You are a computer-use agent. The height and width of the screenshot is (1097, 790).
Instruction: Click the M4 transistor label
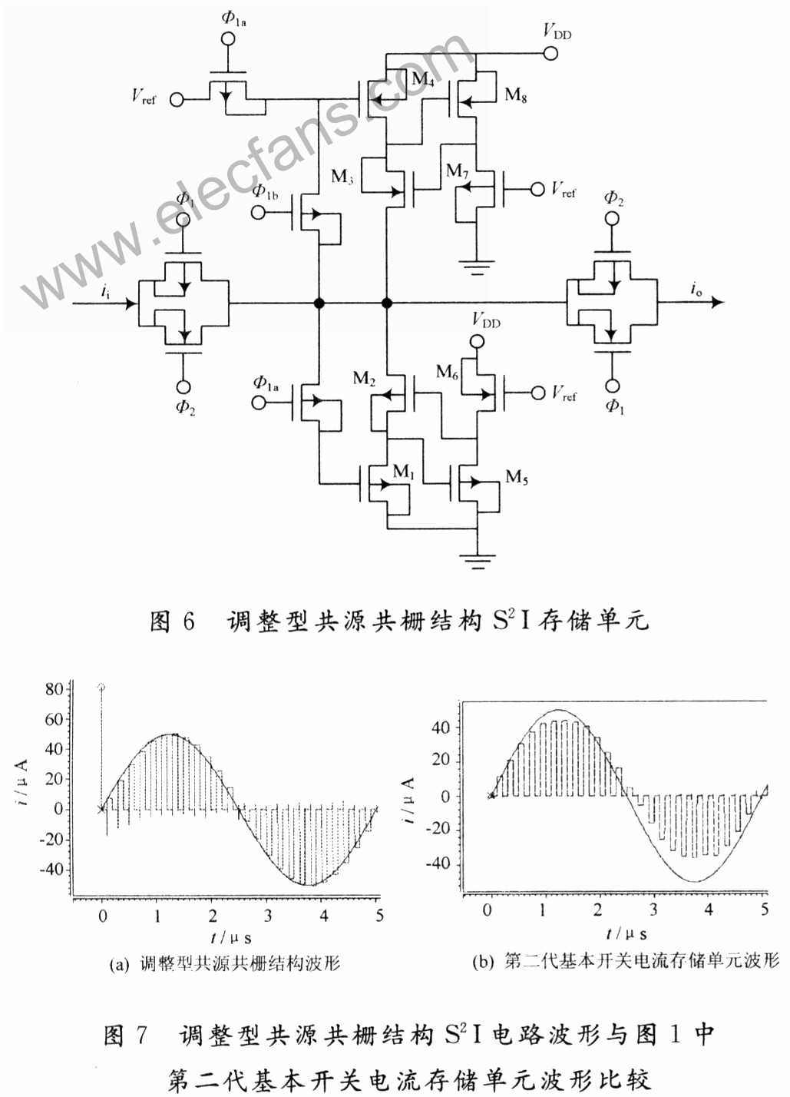[422, 80]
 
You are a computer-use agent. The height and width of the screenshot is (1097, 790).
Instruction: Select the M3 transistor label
[342, 177]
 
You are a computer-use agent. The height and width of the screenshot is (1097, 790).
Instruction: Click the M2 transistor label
[364, 379]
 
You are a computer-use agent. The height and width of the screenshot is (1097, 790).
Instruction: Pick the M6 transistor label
[448, 372]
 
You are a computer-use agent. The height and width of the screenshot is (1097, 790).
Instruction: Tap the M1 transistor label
[404, 472]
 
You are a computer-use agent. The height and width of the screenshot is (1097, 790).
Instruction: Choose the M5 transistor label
[517, 476]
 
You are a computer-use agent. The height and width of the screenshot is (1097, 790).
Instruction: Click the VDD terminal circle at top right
[550, 53]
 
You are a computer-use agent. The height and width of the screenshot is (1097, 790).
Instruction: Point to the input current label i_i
[106, 291]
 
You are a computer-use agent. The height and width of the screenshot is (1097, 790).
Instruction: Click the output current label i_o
[696, 289]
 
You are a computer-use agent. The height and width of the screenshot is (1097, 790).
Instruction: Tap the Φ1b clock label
[266, 191]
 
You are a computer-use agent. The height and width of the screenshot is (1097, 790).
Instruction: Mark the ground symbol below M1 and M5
[478, 561]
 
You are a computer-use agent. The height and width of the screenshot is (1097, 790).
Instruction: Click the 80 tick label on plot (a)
[54, 690]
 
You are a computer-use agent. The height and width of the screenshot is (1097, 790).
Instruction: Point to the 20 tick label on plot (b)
[441, 760]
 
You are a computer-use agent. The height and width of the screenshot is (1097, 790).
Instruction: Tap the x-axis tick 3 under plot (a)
[267, 915]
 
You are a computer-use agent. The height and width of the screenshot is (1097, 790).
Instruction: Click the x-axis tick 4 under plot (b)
[709, 910]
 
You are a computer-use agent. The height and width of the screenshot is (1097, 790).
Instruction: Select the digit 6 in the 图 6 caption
[188, 621]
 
